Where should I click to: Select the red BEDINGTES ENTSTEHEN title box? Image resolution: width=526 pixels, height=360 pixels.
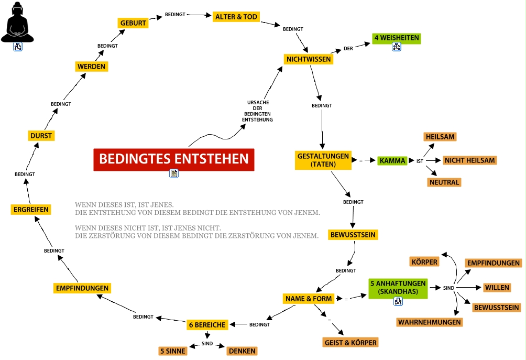pos(174,159)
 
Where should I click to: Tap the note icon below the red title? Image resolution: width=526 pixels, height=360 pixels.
pos(174,174)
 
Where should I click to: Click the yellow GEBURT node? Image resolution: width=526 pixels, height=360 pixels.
pos(133,23)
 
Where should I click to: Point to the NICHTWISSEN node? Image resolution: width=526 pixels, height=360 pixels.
pos(308,59)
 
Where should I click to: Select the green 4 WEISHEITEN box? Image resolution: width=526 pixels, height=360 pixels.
pos(396,38)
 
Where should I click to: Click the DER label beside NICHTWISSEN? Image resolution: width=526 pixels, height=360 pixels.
pos(348,49)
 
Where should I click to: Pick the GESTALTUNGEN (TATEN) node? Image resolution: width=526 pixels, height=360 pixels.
pos(323,160)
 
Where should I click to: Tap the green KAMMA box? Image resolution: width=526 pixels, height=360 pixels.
pos(392,161)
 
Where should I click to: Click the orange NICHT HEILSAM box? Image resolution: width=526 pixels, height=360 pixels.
pos(469,160)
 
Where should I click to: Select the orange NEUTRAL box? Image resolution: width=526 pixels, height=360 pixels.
pos(444,182)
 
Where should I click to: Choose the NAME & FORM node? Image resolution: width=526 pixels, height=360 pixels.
pos(309,299)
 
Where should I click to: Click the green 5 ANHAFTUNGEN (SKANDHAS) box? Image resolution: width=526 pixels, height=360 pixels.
pos(398,287)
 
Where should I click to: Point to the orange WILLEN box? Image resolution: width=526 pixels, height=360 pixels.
pos(497,288)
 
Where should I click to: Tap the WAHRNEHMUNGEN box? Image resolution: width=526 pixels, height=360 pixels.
pos(429,322)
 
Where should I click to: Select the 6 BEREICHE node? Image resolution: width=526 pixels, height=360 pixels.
pos(207,325)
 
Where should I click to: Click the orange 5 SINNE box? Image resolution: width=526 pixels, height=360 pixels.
pos(173,351)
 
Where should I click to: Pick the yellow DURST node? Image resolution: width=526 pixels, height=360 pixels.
pos(41,136)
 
